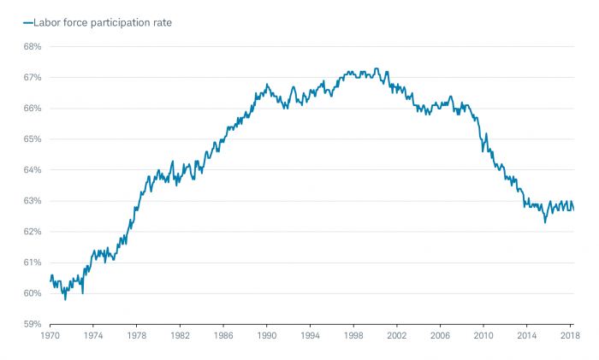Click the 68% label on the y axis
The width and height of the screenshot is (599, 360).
32,46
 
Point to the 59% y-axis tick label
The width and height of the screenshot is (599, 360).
32,324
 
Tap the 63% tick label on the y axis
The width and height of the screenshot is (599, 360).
32,201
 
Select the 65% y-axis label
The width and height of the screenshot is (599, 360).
32,139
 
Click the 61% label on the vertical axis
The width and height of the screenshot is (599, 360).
32,263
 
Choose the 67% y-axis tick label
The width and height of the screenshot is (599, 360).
32,77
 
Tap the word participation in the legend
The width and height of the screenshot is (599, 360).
116,23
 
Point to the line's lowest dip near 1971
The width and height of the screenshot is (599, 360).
65,299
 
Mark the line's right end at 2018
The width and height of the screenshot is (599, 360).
573,210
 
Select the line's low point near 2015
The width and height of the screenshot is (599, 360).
545,222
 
